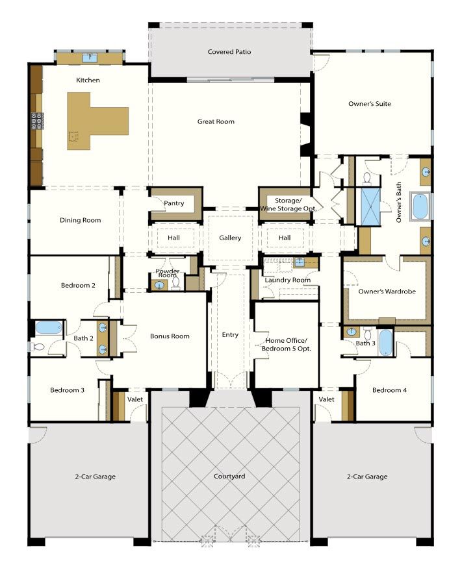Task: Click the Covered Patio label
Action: (x=229, y=52)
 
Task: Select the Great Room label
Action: (x=216, y=121)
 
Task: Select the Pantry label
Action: (x=174, y=203)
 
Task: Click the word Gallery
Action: (x=230, y=238)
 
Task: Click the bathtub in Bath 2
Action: (x=47, y=329)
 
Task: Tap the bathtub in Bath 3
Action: (x=385, y=342)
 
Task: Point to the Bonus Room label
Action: (x=170, y=336)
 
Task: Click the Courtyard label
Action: (x=229, y=477)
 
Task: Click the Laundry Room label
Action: (x=287, y=280)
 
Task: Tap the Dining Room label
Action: (x=81, y=220)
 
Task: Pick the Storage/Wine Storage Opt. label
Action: (x=285, y=204)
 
